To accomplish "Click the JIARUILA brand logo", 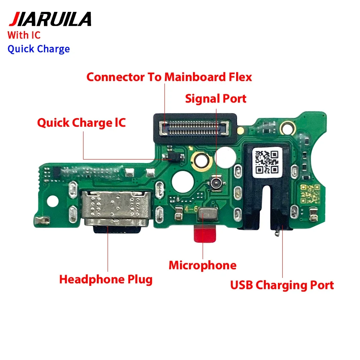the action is tap(50, 19).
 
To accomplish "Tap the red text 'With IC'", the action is tap(24, 35).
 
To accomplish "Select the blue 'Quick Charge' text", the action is tap(39, 49).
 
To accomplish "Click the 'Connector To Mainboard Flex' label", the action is tap(169, 77).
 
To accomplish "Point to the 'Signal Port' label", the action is tap(216, 99).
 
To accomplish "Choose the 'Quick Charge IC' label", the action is tap(81, 123).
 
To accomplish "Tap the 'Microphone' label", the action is tap(202, 265).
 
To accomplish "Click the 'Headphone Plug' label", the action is tap(106, 279).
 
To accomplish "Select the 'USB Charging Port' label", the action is tap(282, 285).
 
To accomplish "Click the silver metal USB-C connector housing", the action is tap(116, 208).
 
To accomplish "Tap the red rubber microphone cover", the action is tap(205, 234).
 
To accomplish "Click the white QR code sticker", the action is tap(267, 162).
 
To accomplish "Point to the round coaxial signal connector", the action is tap(216, 183).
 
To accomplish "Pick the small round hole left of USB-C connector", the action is tap(53, 201).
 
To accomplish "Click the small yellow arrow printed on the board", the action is tap(190, 149).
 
